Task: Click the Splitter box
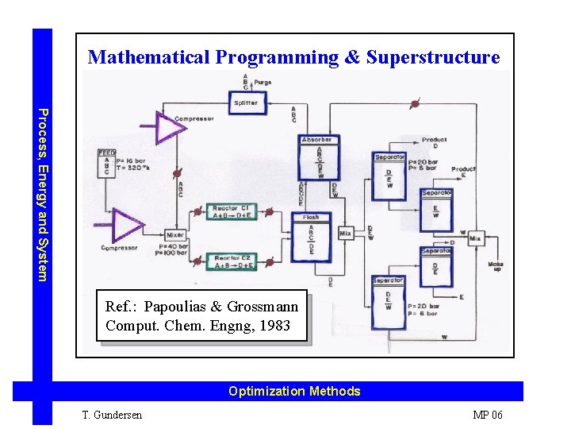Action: click(245, 102)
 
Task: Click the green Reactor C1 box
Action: click(232, 212)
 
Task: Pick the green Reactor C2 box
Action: click(232, 261)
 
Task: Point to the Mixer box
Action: click(175, 235)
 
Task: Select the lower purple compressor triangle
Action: click(125, 223)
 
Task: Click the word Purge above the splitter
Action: click(263, 83)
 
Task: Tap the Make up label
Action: click(496, 267)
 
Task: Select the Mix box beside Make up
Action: click(475, 238)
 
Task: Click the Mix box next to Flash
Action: click(345, 234)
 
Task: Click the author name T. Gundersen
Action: click(113, 415)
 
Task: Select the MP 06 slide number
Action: click(487, 415)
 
